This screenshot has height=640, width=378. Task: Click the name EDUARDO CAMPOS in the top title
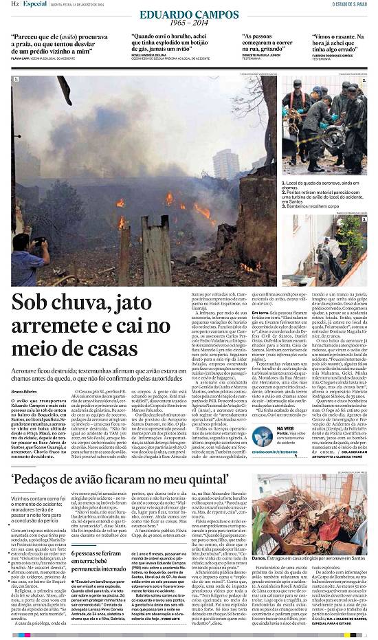pos(179,14)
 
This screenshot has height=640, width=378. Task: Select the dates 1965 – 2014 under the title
pos(179,23)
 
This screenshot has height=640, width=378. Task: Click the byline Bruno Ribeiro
pos(24,390)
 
